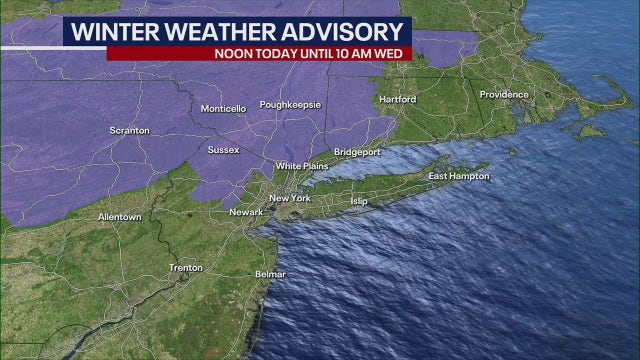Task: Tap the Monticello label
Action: (222, 108)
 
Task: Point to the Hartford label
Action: (399, 99)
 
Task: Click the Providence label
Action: (503, 94)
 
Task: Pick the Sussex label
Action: (223, 150)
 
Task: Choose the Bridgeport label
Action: (357, 152)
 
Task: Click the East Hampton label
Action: (459, 176)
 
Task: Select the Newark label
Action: (245, 212)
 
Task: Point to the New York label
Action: (290, 198)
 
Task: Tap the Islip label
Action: (359, 201)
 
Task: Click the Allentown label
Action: (119, 217)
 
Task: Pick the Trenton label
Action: (186, 268)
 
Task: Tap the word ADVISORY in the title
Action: (344, 31)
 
